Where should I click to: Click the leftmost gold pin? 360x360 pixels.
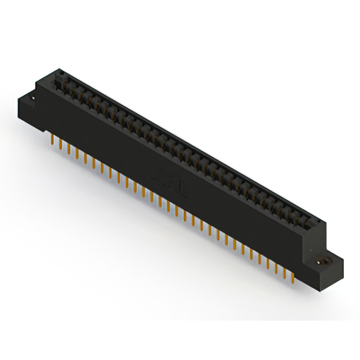pyautogui.click(x=52, y=138)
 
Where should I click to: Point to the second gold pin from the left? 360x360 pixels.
pyautogui.click(x=60, y=143)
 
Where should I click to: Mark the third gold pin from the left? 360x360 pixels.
pyautogui.click(x=69, y=148)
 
